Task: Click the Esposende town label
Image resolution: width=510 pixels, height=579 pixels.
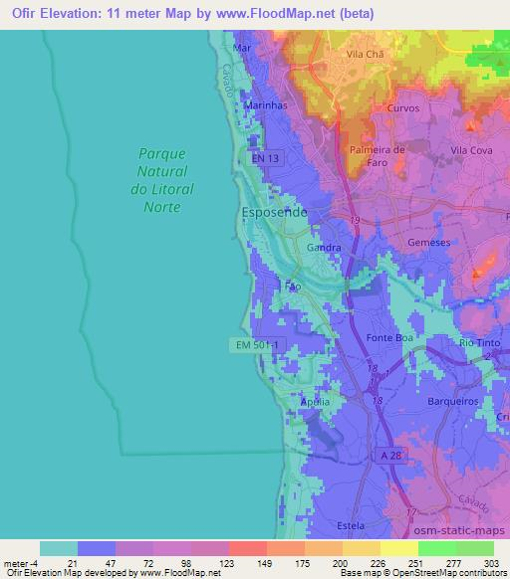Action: pyautogui.click(x=274, y=213)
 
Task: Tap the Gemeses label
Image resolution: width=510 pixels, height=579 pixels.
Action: pyautogui.click(x=429, y=242)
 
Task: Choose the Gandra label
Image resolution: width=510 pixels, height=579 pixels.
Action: pyautogui.click(x=325, y=247)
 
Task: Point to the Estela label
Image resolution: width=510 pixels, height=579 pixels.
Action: pyautogui.click(x=350, y=524)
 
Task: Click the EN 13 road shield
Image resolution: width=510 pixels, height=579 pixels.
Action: pyautogui.click(x=267, y=159)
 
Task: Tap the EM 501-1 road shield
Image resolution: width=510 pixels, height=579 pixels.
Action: pyautogui.click(x=258, y=344)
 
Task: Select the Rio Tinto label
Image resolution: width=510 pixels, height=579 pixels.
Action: pyautogui.click(x=479, y=343)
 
